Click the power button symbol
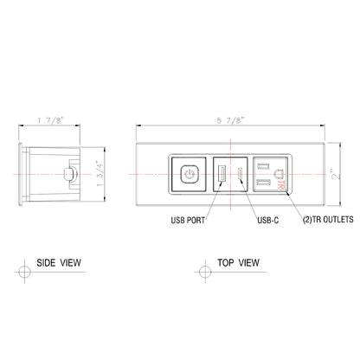tap(189, 174)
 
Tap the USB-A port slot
tap(221, 174)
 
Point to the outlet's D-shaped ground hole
tap(278, 173)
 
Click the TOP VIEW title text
tap(236, 260)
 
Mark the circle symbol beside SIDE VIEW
tap(25, 272)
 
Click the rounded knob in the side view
tap(68, 174)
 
